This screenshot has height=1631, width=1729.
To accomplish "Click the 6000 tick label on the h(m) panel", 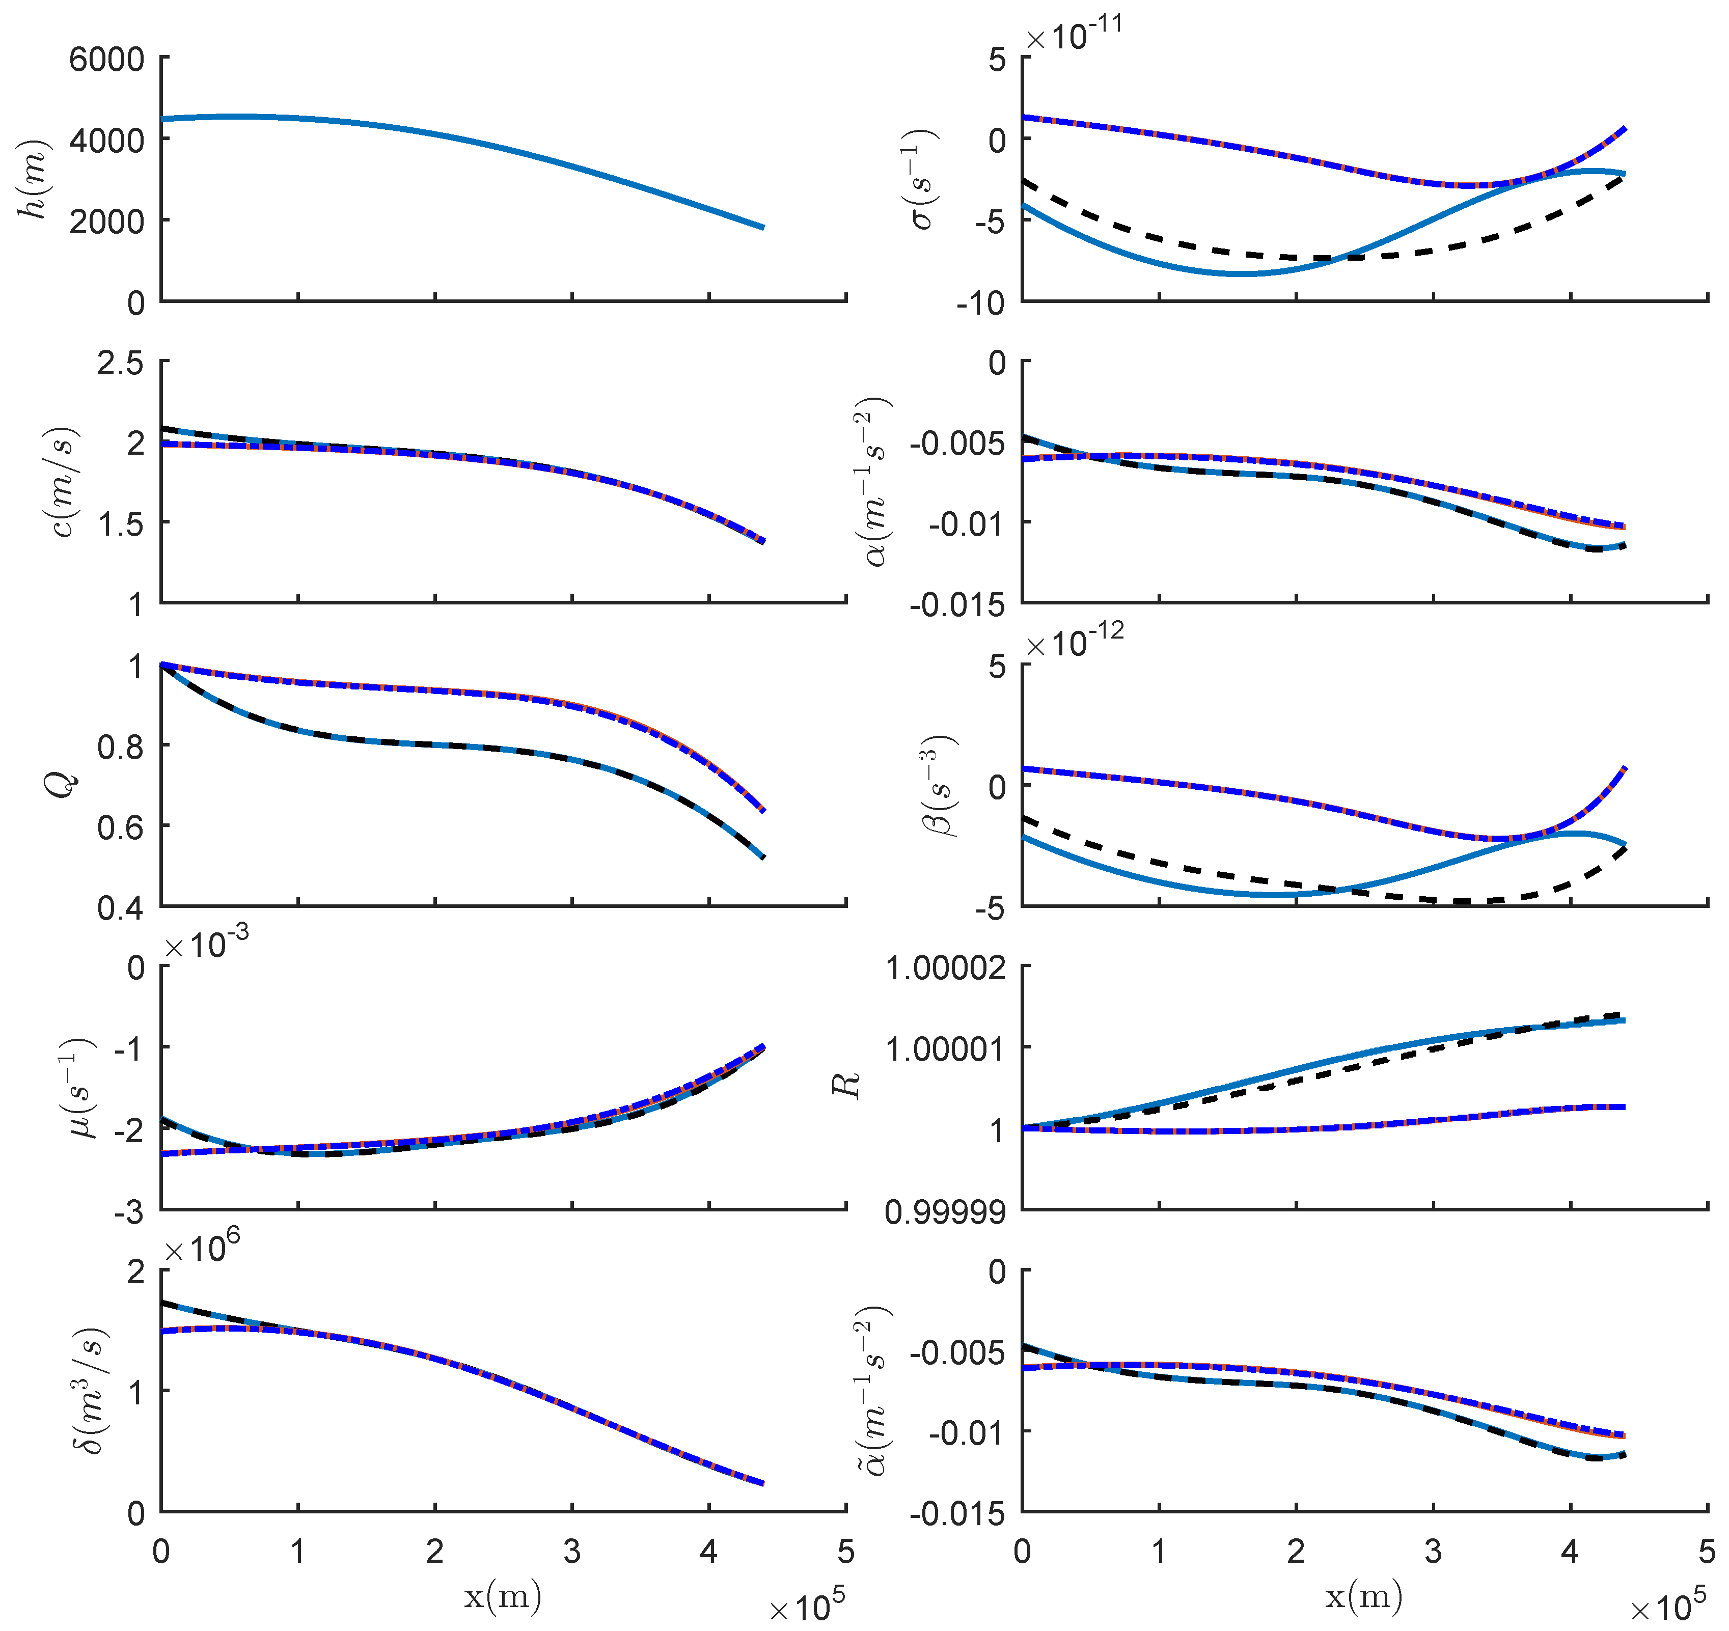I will [x=106, y=60].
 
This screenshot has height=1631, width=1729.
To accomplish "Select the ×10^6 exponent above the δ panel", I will [x=202, y=1249].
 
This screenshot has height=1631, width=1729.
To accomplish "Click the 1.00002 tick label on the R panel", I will [x=945, y=967].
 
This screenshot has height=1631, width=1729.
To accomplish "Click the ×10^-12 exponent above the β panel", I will [x=1074, y=643].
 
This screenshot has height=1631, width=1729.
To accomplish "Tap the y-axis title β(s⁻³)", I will [x=939, y=786].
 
